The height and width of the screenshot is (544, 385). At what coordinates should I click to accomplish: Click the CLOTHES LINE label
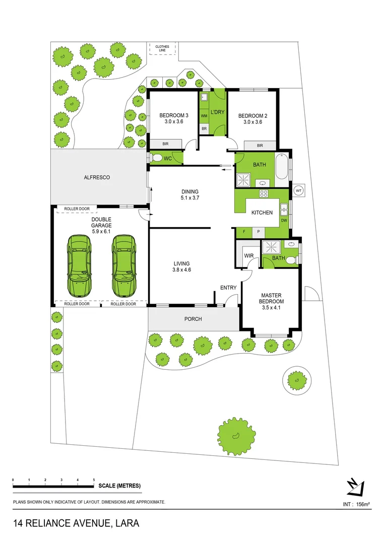162,49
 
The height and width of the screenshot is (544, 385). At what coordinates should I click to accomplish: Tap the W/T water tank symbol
298,190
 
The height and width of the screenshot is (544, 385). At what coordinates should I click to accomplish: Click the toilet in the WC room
157,159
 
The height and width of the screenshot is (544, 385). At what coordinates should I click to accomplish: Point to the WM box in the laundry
204,116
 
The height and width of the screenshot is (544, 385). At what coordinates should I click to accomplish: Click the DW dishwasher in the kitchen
284,220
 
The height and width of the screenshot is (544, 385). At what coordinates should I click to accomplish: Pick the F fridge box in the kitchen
244,232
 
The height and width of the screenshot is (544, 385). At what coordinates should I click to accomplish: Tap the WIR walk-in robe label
249,256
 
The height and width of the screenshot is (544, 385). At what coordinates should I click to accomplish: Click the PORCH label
193,319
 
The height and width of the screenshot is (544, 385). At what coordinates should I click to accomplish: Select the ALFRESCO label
97,178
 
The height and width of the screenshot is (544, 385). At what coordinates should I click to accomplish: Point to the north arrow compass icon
355,486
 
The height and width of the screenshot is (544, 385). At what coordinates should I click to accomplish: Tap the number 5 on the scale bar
94,480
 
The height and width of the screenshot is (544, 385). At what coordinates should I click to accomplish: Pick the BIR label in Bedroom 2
260,146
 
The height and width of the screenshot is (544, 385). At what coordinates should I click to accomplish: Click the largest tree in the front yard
236,434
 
